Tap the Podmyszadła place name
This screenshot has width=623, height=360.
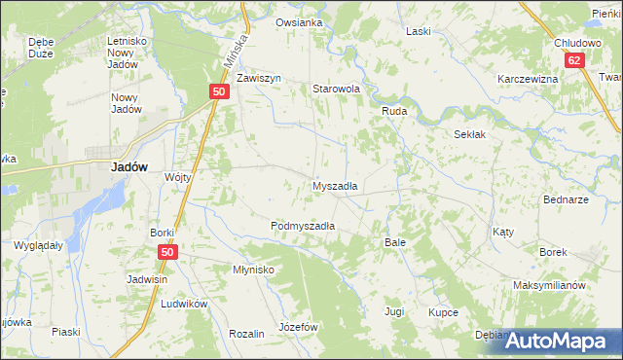pos(303,226)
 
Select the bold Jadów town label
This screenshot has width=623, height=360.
pos(128,166)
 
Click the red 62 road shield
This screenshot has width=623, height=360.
pos(576,60)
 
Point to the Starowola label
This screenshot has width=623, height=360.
pos(336,89)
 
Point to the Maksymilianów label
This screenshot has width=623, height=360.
pos(549,286)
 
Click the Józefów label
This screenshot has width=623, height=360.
pos(299,327)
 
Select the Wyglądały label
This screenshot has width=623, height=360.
pos(39,245)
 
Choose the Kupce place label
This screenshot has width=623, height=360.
pos(443,312)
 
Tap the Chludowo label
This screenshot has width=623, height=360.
pos(577,43)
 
